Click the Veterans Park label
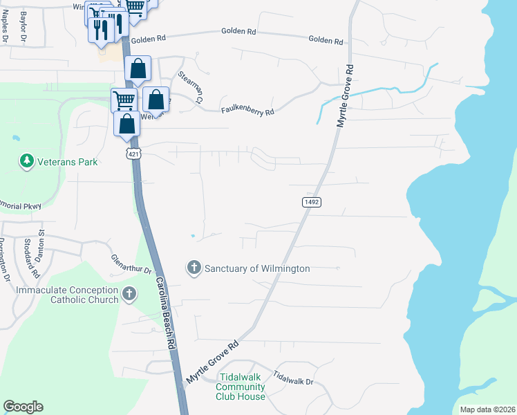click(68, 162)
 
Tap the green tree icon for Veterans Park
click(27, 162)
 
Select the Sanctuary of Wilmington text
click(257, 268)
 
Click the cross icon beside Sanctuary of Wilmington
click(194, 268)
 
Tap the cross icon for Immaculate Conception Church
click(129, 295)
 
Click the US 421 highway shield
click(133, 153)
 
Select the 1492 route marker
click(311, 201)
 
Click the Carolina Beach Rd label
click(165, 311)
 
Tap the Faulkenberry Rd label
click(247, 111)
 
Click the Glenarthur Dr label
click(131, 264)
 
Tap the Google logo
click(23, 407)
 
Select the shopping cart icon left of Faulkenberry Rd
click(124, 100)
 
